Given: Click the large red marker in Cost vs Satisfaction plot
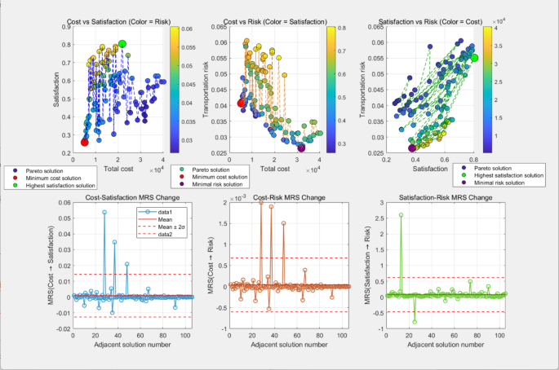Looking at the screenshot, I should (x=84, y=142).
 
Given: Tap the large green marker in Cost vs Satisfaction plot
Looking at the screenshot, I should (x=122, y=44).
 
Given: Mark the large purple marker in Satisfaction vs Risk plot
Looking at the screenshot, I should (x=411, y=148).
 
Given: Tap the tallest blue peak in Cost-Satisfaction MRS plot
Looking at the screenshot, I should (x=104, y=212).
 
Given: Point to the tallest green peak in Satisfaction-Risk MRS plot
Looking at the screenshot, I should (x=401, y=215).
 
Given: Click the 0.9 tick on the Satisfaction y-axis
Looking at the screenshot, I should (x=64, y=27).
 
